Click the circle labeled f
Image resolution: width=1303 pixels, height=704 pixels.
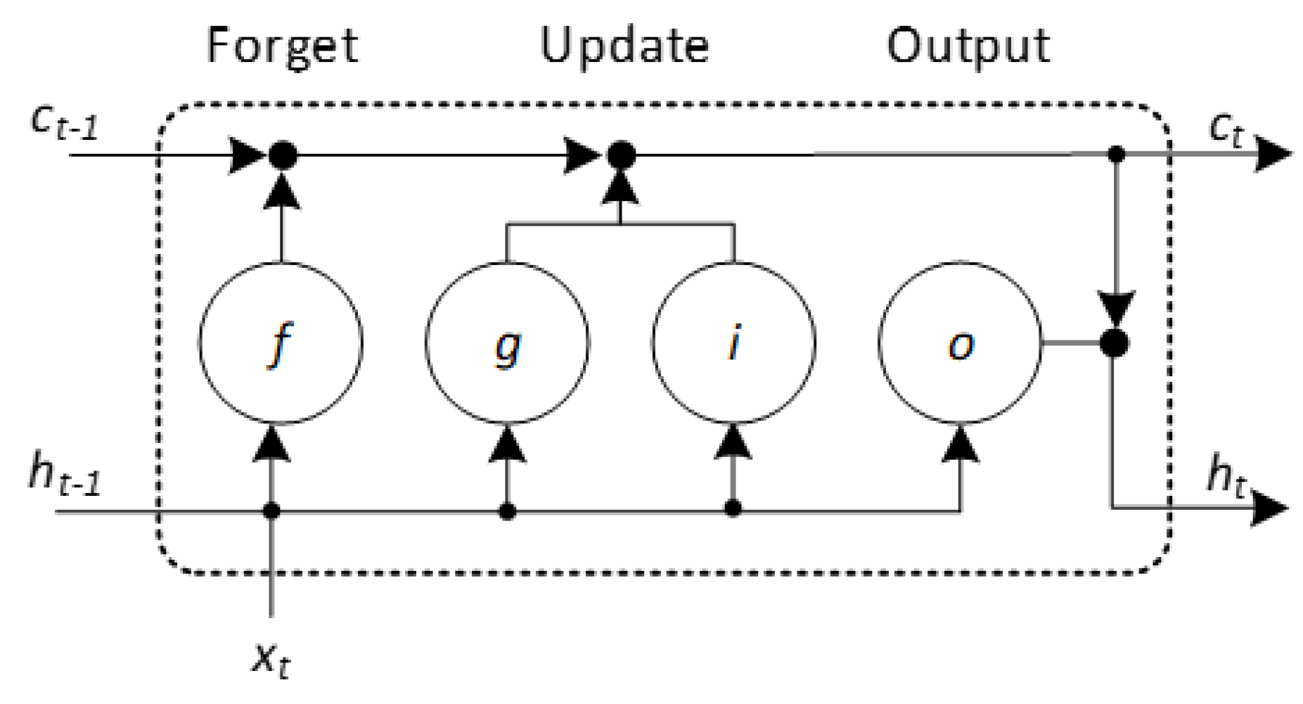[x=281, y=343]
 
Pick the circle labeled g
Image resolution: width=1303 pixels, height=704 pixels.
[x=507, y=343]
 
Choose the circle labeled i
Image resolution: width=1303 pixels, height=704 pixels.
[x=733, y=343]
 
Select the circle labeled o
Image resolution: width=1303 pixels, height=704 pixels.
[x=960, y=343]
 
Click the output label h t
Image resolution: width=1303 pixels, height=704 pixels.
[x=1226, y=476]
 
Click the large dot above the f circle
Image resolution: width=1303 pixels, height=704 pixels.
[x=283, y=154]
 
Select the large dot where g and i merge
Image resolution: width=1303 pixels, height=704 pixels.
[x=621, y=154]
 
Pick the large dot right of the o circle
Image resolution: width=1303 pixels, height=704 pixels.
[x=1114, y=343]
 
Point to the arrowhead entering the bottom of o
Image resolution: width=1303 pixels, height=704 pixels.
[x=960, y=444]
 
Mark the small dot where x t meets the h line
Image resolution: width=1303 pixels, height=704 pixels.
[x=271, y=511]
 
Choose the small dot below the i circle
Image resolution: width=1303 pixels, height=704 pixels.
[x=733, y=508]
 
